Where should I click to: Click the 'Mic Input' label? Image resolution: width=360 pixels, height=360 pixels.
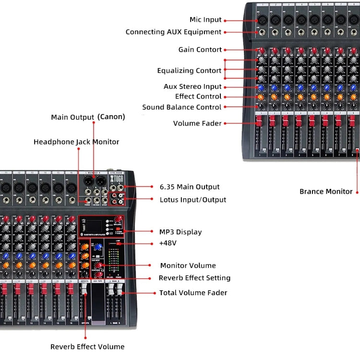(x=205, y=20)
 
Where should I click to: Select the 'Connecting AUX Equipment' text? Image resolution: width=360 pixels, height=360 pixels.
(x=173, y=32)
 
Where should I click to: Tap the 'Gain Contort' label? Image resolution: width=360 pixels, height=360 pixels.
(x=200, y=50)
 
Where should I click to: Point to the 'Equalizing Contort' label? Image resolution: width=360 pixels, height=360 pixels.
(x=189, y=71)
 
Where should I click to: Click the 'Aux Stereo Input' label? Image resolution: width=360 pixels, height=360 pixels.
(x=192, y=87)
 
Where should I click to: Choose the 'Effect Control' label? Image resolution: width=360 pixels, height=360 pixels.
(x=198, y=96)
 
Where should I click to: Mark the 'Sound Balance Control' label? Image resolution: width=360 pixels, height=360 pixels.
(x=181, y=108)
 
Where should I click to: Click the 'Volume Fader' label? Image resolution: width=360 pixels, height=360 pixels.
(x=197, y=124)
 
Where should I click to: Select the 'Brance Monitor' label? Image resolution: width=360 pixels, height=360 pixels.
(x=326, y=192)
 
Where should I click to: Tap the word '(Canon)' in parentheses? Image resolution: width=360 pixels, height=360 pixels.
(x=111, y=117)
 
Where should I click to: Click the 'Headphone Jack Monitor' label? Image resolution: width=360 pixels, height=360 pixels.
(x=76, y=142)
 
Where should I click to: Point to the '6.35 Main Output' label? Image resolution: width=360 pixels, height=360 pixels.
(x=189, y=187)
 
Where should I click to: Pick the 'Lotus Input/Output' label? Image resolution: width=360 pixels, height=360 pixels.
(x=192, y=200)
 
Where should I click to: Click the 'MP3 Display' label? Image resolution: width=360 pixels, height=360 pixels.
(x=180, y=232)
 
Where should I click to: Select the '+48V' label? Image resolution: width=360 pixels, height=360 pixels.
(x=168, y=243)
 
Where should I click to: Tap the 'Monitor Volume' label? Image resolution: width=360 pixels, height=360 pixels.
(x=188, y=265)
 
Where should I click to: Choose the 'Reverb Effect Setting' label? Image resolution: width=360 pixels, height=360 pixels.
(x=194, y=278)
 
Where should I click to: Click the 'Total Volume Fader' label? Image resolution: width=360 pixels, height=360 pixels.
(x=193, y=293)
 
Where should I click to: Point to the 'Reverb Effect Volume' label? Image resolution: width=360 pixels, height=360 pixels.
(x=87, y=347)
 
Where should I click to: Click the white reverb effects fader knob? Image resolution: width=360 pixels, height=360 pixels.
(x=84, y=288)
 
